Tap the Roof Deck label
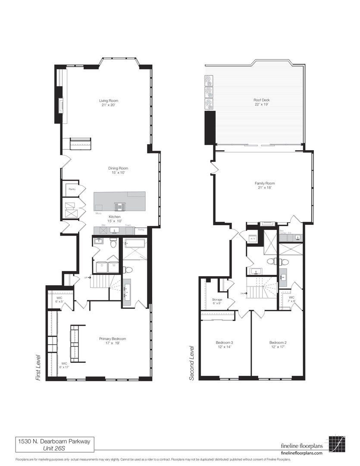tap(261, 100)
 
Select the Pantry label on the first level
tap(72, 189)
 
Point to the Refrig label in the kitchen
tap(141, 230)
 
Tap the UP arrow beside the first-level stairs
tap(88, 277)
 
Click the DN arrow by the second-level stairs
tap(244, 293)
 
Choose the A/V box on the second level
tap(253, 238)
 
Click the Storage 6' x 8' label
tap(217, 301)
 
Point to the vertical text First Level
tap(38, 368)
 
